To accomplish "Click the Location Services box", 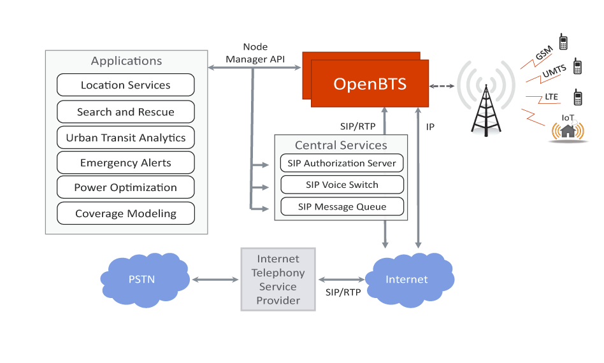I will (126, 85).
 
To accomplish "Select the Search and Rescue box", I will (126, 112).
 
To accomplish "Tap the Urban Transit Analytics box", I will (126, 138).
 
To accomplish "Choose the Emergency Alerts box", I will (126, 163).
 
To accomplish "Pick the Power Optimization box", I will (126, 188).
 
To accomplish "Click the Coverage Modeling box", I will (126, 214).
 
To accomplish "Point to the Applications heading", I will (126, 61).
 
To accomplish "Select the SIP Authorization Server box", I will (342, 163).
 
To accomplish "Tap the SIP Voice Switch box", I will (342, 185).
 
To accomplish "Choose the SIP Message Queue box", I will (342, 207).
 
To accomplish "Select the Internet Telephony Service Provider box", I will (278, 280).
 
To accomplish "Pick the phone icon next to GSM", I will (563, 42).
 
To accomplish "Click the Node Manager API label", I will (255, 53).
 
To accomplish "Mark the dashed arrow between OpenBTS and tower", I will (443, 85).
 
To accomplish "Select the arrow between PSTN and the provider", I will (215, 280).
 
